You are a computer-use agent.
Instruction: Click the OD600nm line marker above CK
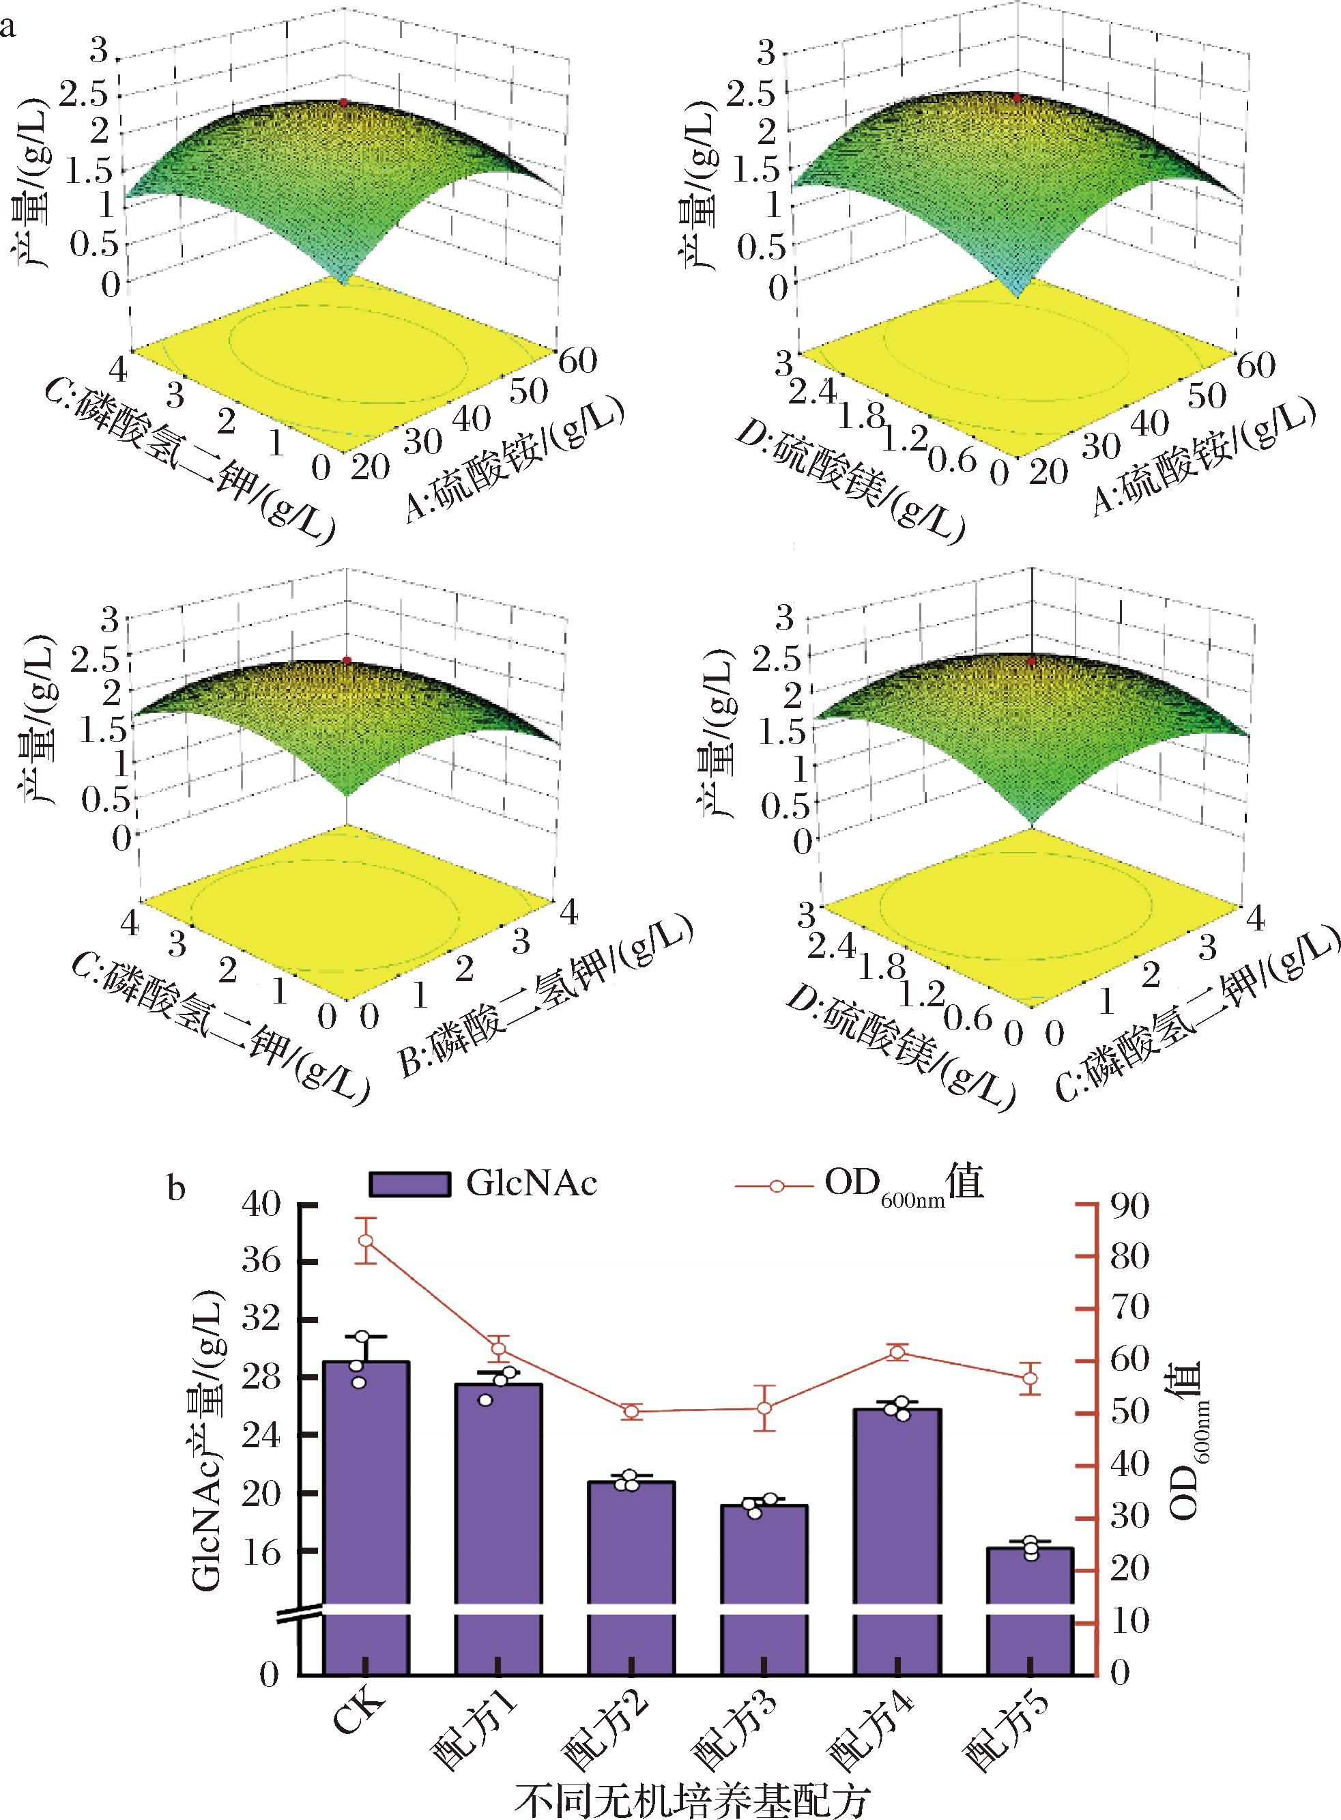[x=365, y=1240]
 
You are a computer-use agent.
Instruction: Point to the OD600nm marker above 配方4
[x=897, y=1352]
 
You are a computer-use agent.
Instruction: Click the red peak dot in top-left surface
[x=344, y=103]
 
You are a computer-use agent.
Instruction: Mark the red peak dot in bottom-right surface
[x=1032, y=662]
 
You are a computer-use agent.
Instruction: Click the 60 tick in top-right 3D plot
[x=1255, y=365]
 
